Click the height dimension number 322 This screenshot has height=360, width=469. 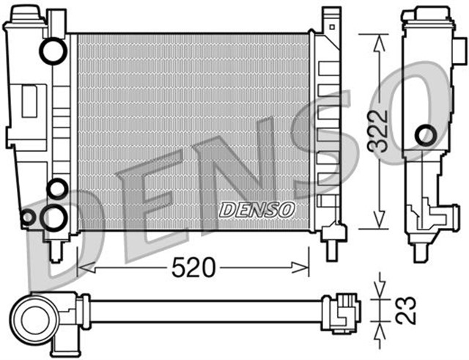click(x=378, y=131)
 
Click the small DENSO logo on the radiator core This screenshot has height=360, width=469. click(x=256, y=209)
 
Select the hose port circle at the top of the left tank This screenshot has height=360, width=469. click(x=52, y=51)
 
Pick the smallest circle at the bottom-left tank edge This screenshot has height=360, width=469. click(x=27, y=216)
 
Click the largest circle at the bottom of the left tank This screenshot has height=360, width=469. click(x=53, y=216)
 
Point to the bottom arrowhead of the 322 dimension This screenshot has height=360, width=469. click(x=378, y=223)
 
